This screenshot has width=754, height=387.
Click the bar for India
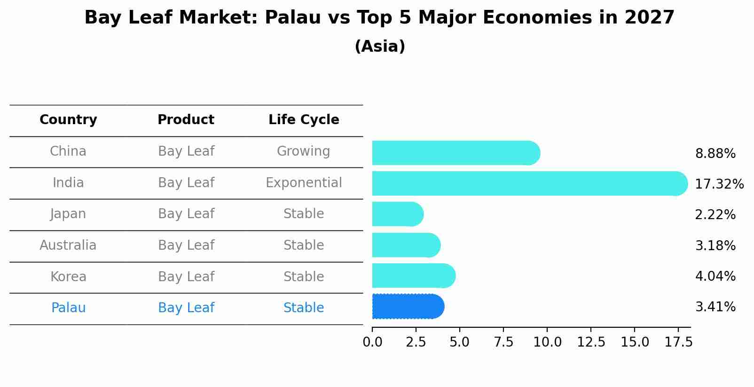529,183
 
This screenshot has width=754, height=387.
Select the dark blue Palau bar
408,307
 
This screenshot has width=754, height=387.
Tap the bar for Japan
397,214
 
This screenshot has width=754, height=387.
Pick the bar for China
456,153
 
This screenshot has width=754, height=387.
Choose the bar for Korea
413,276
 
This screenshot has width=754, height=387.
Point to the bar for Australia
406,245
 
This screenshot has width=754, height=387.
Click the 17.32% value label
719,184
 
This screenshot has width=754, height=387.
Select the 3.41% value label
715,307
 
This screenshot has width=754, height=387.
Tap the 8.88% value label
715,154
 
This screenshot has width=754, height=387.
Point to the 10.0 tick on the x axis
547,342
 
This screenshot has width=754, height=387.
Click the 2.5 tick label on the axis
416,342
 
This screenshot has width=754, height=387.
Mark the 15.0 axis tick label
635,342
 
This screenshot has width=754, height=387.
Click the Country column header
68,120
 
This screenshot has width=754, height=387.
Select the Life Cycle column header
304,120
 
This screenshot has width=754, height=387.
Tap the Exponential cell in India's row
304,182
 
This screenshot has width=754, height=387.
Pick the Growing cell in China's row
303,151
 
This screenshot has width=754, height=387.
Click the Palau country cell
68,308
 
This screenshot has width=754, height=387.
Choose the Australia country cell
68,245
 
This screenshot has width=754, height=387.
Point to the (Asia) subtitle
380,47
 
